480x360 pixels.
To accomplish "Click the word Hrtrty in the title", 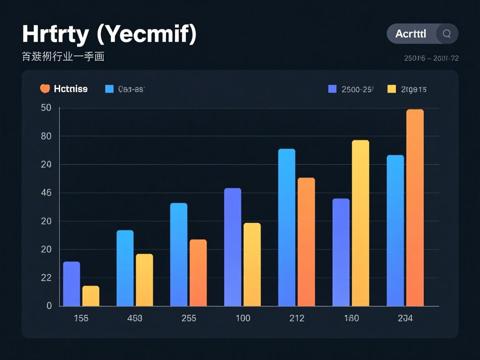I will pos(55,35).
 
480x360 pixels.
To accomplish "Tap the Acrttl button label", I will pos(411,34).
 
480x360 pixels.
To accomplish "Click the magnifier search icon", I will pos(447,34).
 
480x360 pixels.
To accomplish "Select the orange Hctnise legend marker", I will pos(45,89).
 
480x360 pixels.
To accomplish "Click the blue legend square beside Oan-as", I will pos(110,89).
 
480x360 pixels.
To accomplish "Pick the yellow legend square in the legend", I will pos(392,89).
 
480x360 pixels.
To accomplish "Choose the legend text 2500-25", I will pos(357,89).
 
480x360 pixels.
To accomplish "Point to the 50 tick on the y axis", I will pos(46,108).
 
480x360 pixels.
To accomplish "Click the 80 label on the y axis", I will pos(46,136).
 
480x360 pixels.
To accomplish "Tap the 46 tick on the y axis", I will pos(46,193).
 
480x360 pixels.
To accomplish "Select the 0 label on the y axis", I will pos(49,305).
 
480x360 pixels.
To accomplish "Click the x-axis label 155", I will pos(81,318).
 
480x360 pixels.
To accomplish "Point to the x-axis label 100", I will pos(243,318).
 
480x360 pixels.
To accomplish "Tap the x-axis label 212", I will pos(297,318).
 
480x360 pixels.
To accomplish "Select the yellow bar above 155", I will pos(91,296).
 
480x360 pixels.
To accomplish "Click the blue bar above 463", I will pos(125,268).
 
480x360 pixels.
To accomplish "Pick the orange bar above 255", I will pos(198,273).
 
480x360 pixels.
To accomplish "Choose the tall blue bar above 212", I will pos(287,227).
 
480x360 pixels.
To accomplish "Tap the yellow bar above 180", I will pos(360,223).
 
